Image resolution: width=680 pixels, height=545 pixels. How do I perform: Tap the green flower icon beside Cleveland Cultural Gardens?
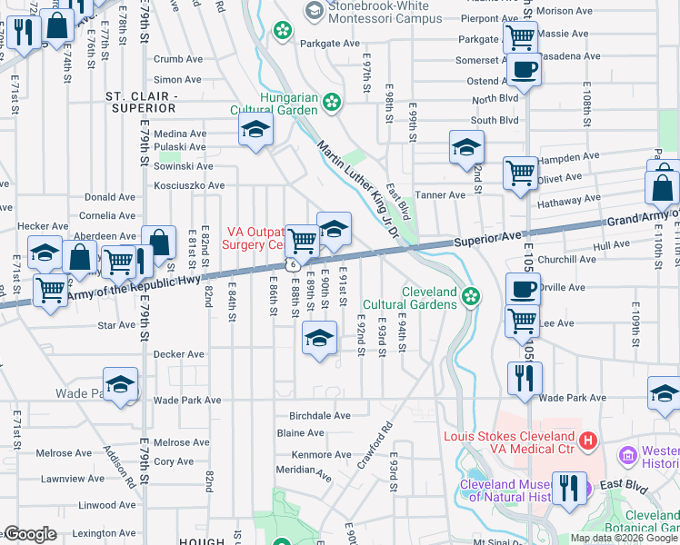[x=470, y=294]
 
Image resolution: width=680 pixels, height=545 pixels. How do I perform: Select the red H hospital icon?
[x=587, y=441]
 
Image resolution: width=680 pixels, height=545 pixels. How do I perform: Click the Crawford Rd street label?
[x=374, y=445]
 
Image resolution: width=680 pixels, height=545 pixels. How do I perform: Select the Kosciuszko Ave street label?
[x=189, y=185]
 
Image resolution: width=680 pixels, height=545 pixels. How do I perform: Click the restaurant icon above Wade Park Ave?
[x=525, y=376]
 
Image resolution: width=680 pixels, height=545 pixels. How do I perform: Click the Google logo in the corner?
[x=30, y=534]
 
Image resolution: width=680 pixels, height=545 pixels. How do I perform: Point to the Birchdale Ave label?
[x=314, y=416]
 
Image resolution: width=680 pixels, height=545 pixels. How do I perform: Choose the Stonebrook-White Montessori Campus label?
[x=390, y=12]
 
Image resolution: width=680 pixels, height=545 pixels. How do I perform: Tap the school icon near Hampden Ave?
[x=466, y=145]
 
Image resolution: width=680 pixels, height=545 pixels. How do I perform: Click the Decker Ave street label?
[x=179, y=354]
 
